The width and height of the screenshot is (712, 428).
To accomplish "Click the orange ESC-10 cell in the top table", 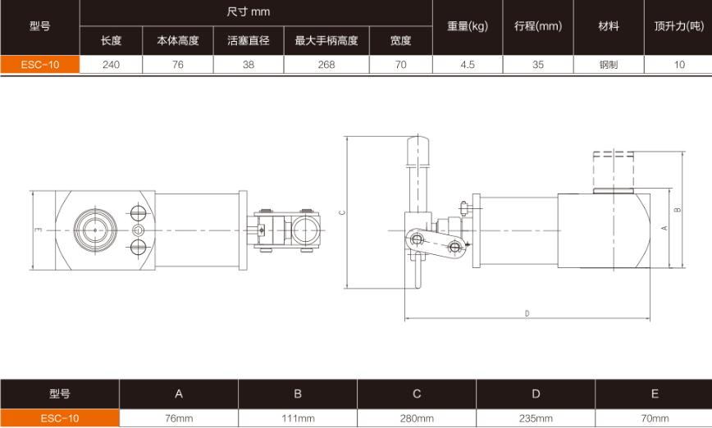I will tap(39, 65).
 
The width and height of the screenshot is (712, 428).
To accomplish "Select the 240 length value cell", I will tap(111, 65).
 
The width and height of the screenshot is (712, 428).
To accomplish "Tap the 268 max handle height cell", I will tap(326, 65).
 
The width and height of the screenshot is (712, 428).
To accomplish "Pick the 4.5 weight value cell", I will tap(468, 65).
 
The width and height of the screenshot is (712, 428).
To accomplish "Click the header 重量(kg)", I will tap(468, 25).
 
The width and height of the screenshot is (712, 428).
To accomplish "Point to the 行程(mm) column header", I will tap(538, 25).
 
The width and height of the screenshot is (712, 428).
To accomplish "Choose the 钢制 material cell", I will tap(609, 65).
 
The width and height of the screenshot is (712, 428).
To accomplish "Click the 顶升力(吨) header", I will tap(678, 25).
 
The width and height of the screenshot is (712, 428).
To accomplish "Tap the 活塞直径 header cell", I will tap(248, 39).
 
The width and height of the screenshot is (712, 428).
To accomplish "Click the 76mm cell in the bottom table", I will tap(179, 418).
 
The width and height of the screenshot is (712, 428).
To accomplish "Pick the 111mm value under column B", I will tap(298, 418).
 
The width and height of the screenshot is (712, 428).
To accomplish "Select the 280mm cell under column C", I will tap(417, 418).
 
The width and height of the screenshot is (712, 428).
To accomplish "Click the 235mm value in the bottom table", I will tap(536, 418).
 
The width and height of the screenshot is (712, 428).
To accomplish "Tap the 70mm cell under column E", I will tap(655, 418).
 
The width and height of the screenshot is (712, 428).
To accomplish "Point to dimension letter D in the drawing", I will tap(527, 313).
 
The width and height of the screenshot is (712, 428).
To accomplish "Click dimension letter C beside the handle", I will tap(342, 212).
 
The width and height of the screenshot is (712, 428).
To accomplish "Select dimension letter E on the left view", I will tap(38, 230).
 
